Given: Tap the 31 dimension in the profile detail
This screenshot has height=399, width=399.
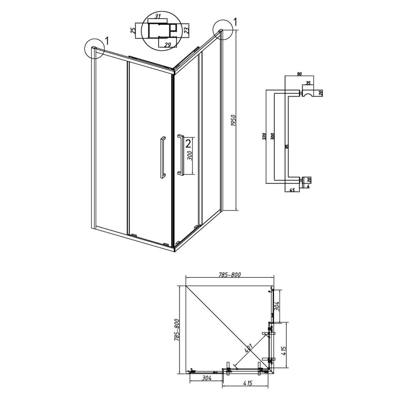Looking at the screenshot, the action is pyautogui.click(x=158, y=16).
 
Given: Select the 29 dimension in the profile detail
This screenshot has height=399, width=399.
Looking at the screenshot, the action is pyautogui.click(x=167, y=45).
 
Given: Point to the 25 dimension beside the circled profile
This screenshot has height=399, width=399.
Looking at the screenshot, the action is pyautogui.click(x=132, y=31).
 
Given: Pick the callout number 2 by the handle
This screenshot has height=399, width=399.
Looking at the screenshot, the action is pyautogui.click(x=188, y=144).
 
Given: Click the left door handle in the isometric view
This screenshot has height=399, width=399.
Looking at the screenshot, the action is pyautogui.click(x=162, y=157).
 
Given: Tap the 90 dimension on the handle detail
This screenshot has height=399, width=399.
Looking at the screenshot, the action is pyautogui.click(x=299, y=74).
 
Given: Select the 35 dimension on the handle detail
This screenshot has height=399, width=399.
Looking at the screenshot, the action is pyautogui.click(x=308, y=83).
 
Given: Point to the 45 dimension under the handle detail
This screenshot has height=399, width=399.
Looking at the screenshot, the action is pyautogui.click(x=292, y=190).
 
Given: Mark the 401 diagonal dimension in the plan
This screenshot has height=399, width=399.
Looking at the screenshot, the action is pyautogui.click(x=248, y=348).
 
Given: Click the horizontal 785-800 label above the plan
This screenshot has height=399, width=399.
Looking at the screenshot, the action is pyautogui.click(x=229, y=275).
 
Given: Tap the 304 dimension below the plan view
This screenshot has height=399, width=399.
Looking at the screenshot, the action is pyautogui.click(x=207, y=378).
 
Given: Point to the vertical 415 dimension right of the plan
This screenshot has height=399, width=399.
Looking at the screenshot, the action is pyautogui.click(x=284, y=351).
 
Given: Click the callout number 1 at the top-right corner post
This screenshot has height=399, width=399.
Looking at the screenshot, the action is pyautogui.click(x=235, y=22).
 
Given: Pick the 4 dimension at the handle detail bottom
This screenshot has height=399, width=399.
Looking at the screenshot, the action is pyautogui.click(x=308, y=186).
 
